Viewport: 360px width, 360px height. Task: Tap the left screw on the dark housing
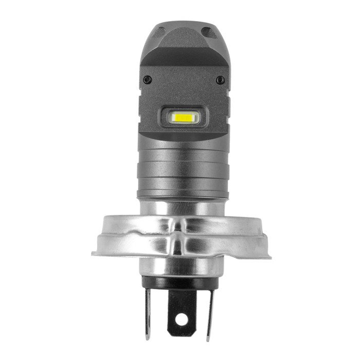(x=147, y=80)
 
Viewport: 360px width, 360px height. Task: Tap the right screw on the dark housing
(x=221, y=80)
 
